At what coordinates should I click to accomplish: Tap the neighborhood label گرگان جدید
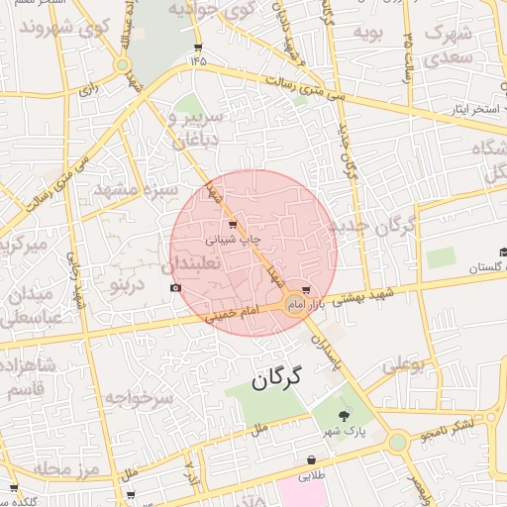click(x=378, y=226)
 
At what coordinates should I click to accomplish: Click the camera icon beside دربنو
click(x=176, y=288)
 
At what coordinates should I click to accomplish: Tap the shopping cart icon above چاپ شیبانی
click(x=233, y=225)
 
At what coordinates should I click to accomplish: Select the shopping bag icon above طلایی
click(x=313, y=460)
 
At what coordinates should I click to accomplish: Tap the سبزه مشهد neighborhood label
click(x=136, y=188)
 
